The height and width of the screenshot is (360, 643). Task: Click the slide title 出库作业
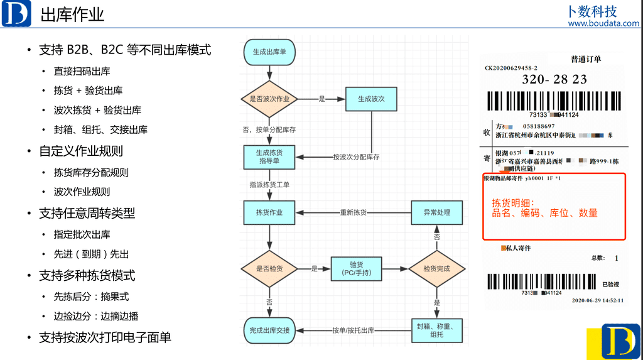tap(72, 15)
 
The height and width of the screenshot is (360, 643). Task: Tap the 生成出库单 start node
tap(269, 52)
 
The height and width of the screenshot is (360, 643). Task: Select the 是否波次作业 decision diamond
tap(269, 99)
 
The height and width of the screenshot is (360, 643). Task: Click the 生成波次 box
tap(371, 99)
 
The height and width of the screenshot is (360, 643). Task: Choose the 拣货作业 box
tap(269, 212)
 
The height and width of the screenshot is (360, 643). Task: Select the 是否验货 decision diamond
tap(269, 269)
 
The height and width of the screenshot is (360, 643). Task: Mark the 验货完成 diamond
tap(437, 269)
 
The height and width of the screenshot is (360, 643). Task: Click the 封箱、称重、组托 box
tap(437, 330)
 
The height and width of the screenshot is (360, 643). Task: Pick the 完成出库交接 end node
tap(269, 330)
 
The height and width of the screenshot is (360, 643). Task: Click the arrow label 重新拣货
tap(354, 212)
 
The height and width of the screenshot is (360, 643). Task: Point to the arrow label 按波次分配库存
tap(356, 157)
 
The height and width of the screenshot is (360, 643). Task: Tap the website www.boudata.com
tap(603, 24)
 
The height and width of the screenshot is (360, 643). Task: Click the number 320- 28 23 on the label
tap(554, 80)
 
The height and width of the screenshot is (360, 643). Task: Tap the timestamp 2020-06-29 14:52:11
tap(597, 300)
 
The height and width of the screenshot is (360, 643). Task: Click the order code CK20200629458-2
tap(511, 68)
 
